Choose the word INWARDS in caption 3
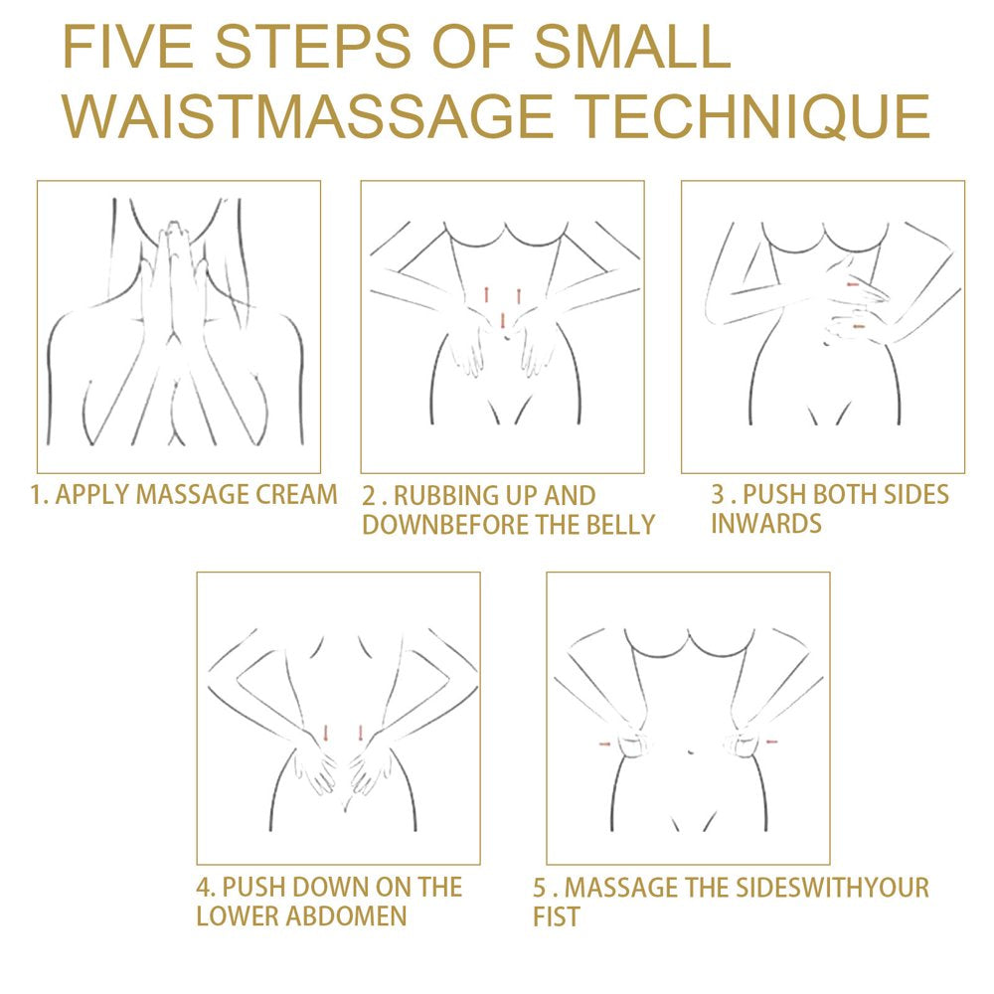click(765, 523)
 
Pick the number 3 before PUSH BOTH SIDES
click(718, 494)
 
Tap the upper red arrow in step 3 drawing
click(852, 286)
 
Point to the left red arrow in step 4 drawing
click(325, 734)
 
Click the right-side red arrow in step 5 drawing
click(772, 742)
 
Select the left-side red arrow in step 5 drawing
click(603, 743)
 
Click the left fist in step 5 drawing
click(630, 744)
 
